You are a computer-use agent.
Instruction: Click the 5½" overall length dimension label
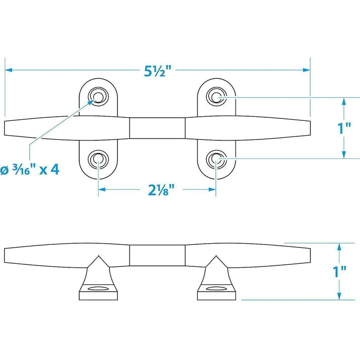(x=158, y=71)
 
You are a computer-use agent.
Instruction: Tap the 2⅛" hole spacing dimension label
(x=161, y=190)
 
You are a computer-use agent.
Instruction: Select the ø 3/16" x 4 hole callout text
(x=30, y=170)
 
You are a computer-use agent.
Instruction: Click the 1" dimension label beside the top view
(x=344, y=128)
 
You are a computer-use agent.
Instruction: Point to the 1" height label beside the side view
(x=339, y=272)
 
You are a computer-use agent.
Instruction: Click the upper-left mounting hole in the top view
(x=98, y=97)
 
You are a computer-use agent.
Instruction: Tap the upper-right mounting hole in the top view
(x=217, y=97)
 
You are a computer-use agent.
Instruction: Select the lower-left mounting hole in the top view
(x=98, y=158)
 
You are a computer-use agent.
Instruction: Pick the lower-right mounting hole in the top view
(x=217, y=158)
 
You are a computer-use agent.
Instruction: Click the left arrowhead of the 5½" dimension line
(x=8, y=70)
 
